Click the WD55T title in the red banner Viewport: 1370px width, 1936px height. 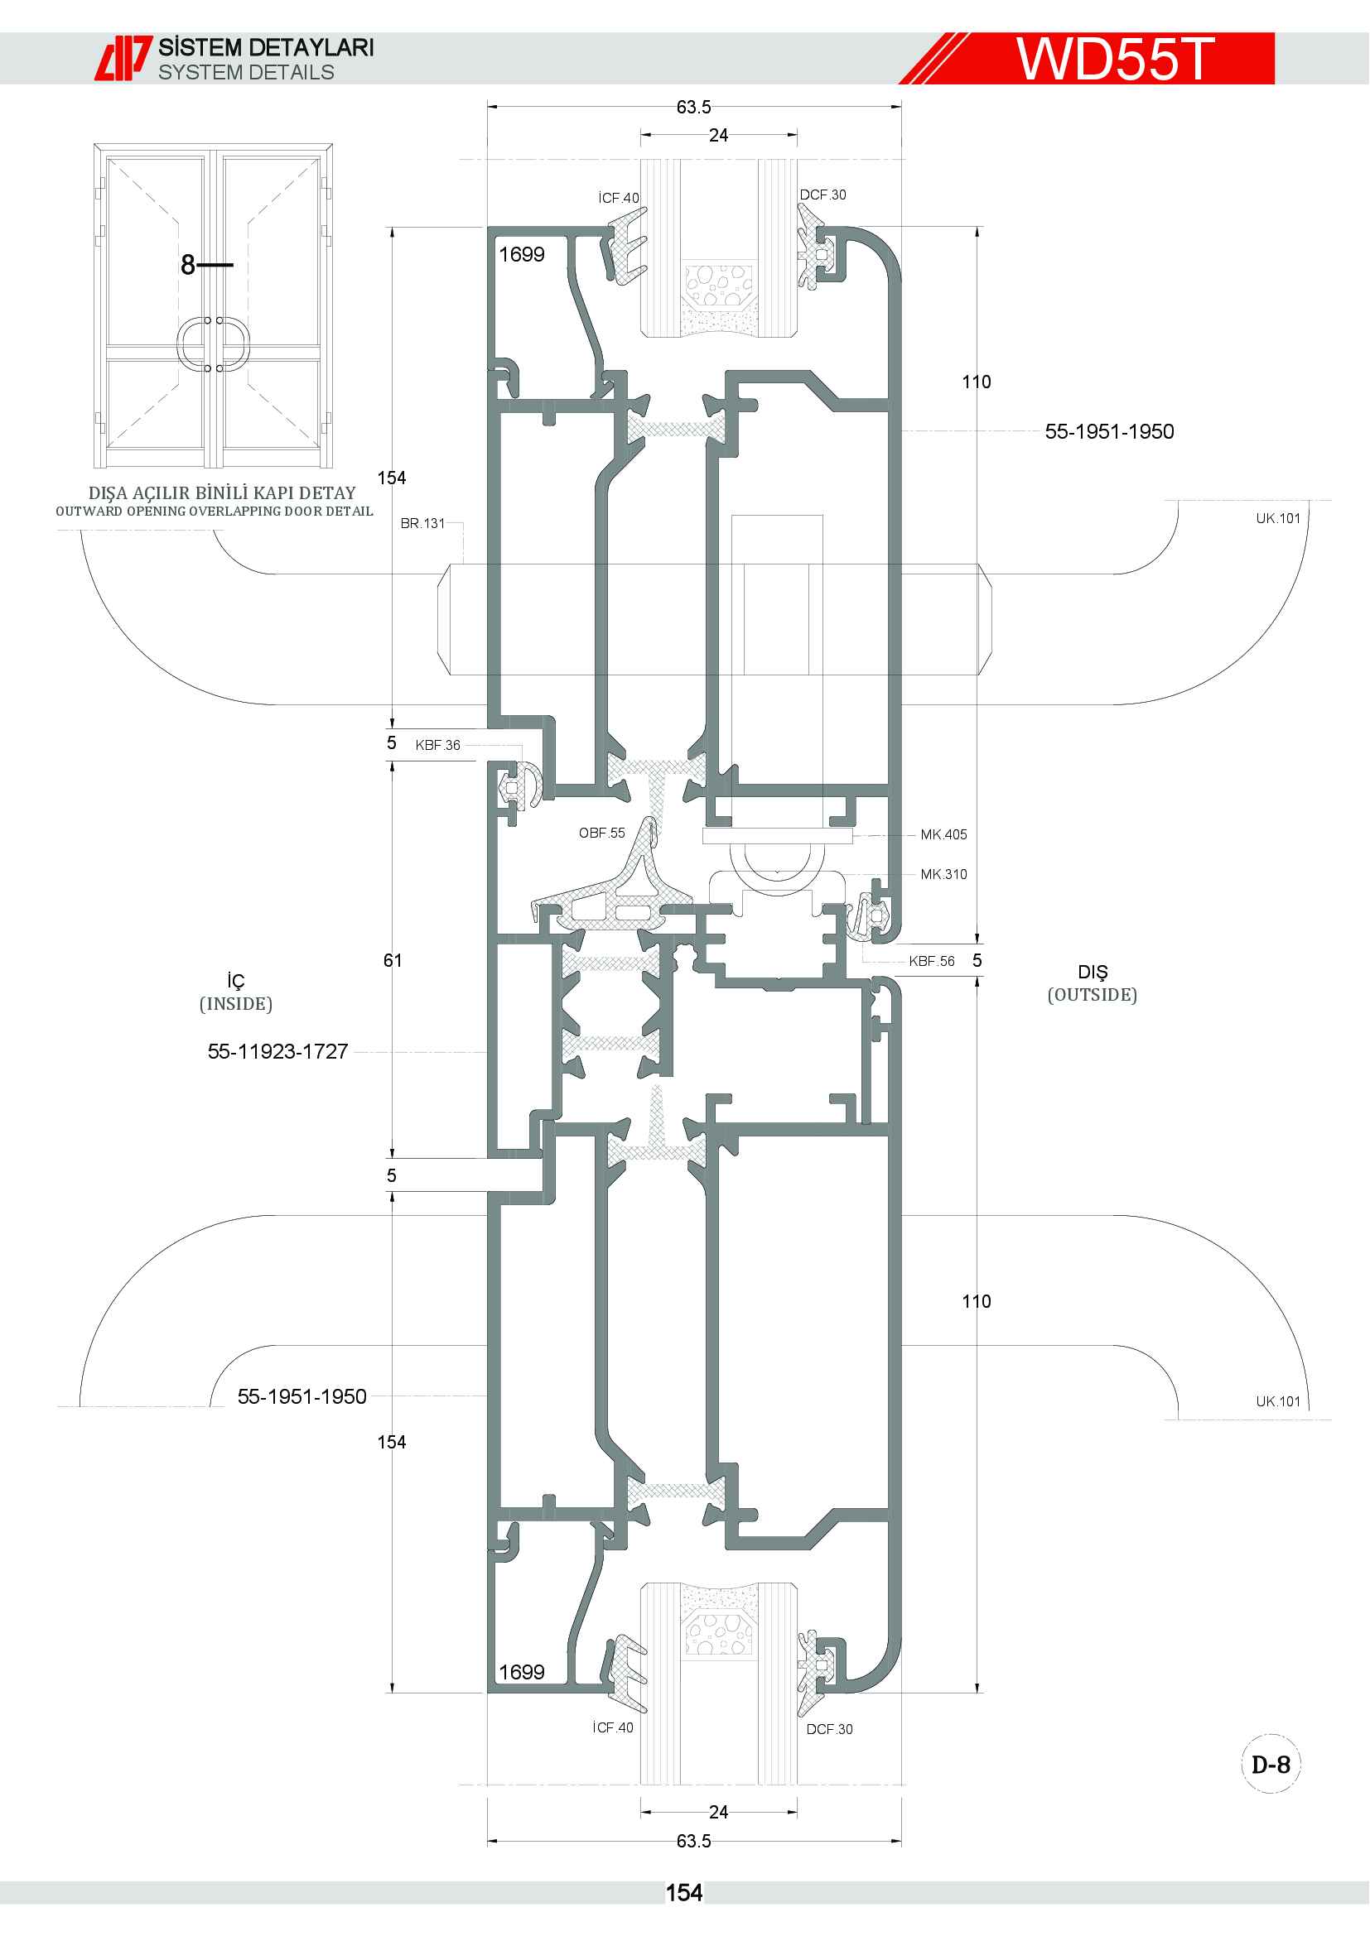tap(1114, 58)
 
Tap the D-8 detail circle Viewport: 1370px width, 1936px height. tap(1271, 1765)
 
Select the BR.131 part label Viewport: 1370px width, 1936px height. tap(422, 524)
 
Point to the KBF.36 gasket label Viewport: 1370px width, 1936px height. tap(438, 746)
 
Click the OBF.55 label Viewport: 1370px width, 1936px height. tap(601, 833)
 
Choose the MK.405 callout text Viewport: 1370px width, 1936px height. tap(944, 835)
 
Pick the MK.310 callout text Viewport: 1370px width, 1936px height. tap(944, 874)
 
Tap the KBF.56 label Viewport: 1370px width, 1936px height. tap(931, 961)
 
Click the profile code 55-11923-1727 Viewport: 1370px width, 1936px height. tap(277, 1051)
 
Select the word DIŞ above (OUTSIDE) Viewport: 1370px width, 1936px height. tap(1093, 973)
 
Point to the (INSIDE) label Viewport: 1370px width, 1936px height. tap(235, 1003)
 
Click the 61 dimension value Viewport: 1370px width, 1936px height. tap(393, 960)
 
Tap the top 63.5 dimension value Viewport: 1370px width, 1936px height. tap(693, 107)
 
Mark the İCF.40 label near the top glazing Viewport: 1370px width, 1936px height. tap(619, 198)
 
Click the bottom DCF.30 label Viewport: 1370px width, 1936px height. tap(829, 1729)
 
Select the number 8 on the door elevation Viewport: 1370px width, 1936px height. tap(188, 265)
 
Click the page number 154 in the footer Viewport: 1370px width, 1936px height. tap(683, 1893)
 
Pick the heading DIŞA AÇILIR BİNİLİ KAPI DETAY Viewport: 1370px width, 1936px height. tap(222, 492)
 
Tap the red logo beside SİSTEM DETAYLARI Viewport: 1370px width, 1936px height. tap(123, 58)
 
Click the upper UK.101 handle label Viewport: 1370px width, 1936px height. tap(1278, 519)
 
